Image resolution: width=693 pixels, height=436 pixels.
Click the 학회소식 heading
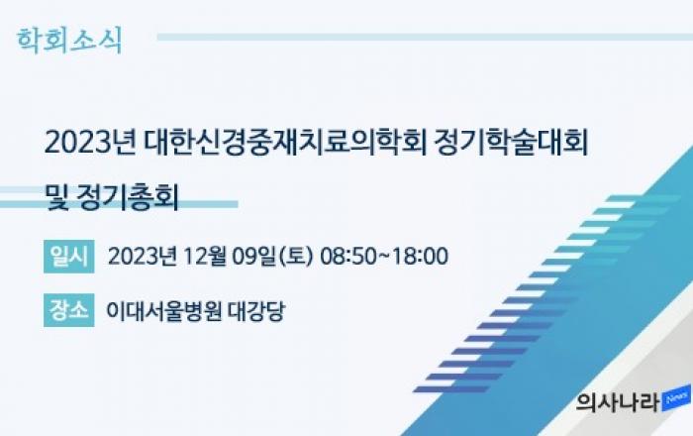pyautogui.click(x=69, y=41)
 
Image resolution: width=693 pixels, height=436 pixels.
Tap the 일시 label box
pyautogui.click(x=69, y=257)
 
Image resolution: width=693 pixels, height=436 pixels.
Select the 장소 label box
pyautogui.click(x=69, y=310)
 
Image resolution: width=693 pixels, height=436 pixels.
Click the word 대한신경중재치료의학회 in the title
pyautogui.click(x=285, y=143)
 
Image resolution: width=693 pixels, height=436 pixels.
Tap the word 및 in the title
pyautogui.click(x=57, y=197)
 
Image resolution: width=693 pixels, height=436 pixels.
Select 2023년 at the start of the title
pyautogui.click(x=90, y=143)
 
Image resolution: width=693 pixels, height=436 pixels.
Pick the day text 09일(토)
pyautogui.click(x=272, y=257)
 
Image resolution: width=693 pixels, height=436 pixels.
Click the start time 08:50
pyautogui.click(x=346, y=257)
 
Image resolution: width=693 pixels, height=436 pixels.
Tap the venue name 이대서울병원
pyautogui.click(x=163, y=311)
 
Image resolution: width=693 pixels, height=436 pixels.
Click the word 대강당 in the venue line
pyautogui.click(x=256, y=311)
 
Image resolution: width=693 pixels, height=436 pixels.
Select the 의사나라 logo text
pyautogui.click(x=618, y=402)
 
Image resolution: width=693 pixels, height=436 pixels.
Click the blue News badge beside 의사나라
pyautogui.click(x=676, y=398)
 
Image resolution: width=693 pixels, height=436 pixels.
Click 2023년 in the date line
pyautogui.click(x=143, y=257)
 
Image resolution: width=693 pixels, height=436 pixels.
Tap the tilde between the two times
pyautogui.click(x=383, y=256)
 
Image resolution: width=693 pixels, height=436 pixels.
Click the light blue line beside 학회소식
pyautogui.click(x=425, y=37)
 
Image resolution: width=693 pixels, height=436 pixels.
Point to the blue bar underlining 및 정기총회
pyautogui.click(x=119, y=204)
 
